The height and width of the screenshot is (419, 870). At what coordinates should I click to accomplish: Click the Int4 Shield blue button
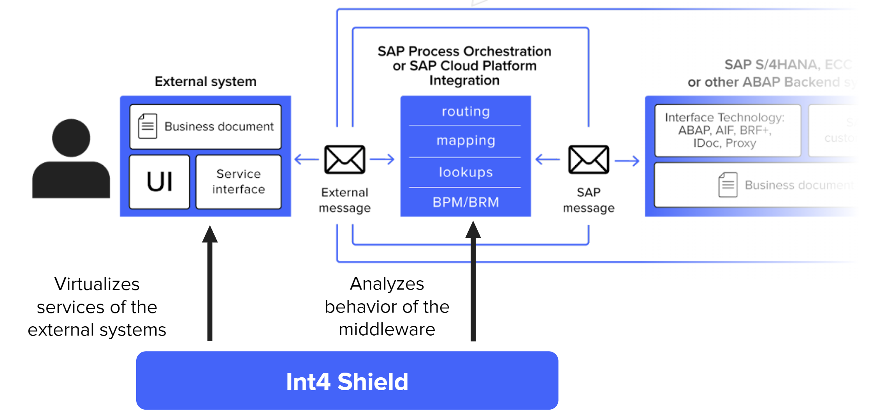347,381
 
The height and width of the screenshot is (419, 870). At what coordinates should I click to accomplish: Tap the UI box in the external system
159,182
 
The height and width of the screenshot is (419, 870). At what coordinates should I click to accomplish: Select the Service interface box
238,182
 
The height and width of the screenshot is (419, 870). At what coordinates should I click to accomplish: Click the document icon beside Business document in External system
148,126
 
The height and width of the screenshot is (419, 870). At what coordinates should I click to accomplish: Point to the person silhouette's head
71,138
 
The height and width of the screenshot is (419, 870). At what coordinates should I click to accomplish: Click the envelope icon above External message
344,159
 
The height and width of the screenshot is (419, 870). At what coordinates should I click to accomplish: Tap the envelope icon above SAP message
588,159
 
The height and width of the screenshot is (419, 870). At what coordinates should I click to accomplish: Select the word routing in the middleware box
466,111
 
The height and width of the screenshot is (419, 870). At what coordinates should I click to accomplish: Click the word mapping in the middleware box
466,140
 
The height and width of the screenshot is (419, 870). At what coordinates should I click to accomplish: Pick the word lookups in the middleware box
466,172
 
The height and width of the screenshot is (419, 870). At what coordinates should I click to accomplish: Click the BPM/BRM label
466,202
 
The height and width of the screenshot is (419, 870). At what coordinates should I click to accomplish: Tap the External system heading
206,81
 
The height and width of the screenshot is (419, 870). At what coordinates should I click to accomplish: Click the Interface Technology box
727,131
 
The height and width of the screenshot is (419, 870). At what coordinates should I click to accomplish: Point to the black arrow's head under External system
210,234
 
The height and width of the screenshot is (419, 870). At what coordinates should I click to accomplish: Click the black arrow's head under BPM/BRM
473,230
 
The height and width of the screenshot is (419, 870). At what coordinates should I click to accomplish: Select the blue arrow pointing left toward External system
306,159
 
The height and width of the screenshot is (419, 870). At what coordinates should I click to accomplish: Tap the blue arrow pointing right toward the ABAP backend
627,160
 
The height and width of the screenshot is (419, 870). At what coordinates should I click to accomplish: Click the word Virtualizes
97,284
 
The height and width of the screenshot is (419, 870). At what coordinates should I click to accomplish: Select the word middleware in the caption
387,329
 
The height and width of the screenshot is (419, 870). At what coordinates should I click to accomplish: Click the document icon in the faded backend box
728,185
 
